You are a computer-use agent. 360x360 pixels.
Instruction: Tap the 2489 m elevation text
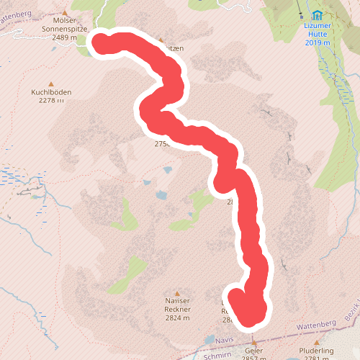64,36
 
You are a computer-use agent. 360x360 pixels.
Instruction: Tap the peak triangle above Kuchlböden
50,83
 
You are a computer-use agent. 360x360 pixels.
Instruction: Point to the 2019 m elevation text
318,43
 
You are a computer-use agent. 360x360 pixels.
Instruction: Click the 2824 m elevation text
176,318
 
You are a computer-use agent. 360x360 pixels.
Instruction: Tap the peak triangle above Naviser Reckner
176,294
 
